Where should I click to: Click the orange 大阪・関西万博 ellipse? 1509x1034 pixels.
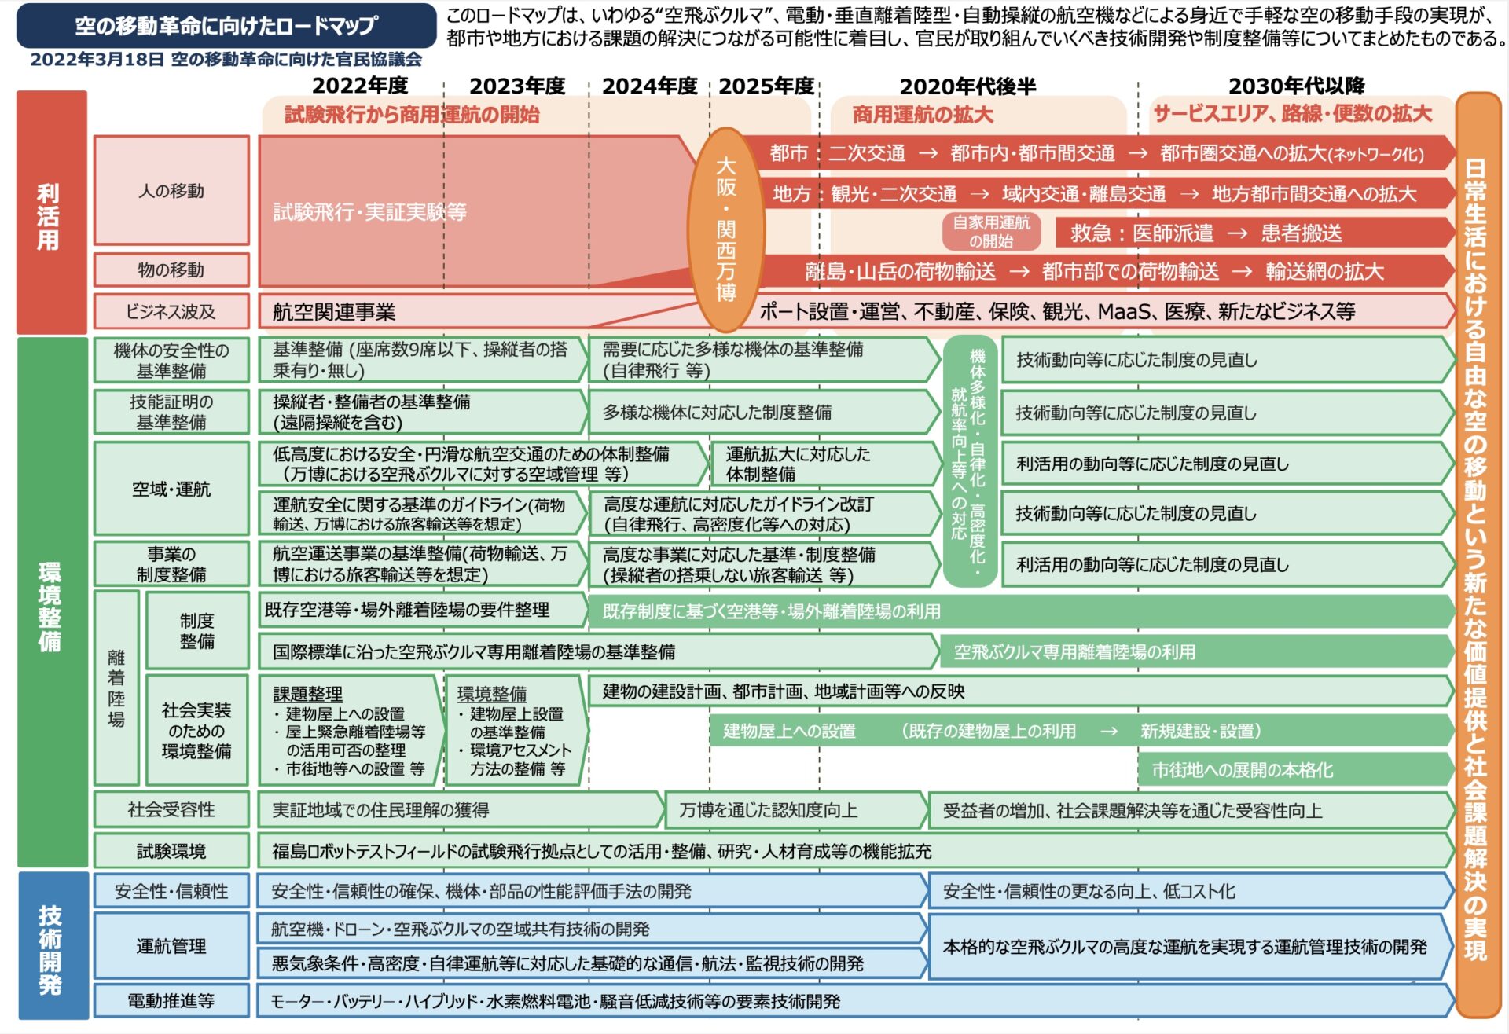[725, 229]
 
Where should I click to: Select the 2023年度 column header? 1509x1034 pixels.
[517, 86]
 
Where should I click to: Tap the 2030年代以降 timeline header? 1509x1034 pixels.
[1296, 86]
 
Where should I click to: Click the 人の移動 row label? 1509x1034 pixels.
[171, 190]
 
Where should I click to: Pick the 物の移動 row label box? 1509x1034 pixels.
[171, 269]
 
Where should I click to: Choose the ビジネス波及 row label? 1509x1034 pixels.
[171, 311]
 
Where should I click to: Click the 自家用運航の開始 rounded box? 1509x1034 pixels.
[991, 232]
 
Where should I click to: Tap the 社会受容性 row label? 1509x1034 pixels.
[171, 809]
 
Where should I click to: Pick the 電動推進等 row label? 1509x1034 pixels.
[171, 1000]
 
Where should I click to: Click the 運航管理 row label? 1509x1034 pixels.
[171, 946]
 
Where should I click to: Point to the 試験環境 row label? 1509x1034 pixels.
[171, 851]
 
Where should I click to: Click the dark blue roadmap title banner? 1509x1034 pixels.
[226, 25]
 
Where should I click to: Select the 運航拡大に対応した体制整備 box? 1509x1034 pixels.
[826, 464]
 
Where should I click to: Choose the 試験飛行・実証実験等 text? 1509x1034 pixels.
[369, 211]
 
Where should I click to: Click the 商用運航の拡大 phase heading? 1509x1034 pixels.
[923, 115]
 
